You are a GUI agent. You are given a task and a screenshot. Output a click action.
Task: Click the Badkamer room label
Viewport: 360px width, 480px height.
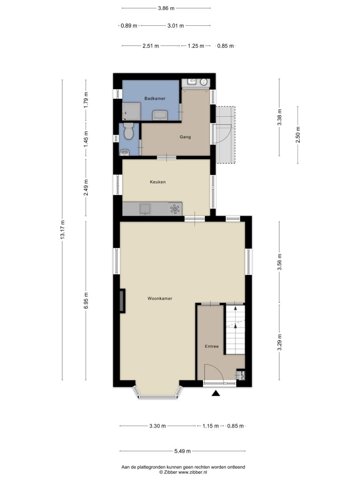click(x=155, y=98)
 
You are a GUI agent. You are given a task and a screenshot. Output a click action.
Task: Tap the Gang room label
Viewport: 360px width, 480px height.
click(x=185, y=137)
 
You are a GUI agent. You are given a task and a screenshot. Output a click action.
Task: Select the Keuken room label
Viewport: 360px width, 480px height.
click(x=157, y=182)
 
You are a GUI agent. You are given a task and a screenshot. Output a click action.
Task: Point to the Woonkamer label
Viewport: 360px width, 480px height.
click(x=160, y=299)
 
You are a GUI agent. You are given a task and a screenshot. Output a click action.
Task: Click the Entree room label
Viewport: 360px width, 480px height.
click(x=211, y=346)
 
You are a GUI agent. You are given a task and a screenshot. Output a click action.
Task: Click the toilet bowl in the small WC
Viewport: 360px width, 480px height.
click(x=128, y=131)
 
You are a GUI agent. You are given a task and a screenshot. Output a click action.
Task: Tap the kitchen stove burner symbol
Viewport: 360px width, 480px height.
click(x=174, y=209)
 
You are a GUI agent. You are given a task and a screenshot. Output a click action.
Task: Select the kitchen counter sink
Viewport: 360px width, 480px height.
click(x=145, y=209)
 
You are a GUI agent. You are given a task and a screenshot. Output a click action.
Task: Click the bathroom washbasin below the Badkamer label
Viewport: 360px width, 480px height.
click(x=160, y=115)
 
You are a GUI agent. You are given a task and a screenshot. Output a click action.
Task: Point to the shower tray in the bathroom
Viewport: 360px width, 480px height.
click(x=131, y=112)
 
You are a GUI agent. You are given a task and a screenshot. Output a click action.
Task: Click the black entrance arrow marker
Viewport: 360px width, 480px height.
click(x=216, y=393)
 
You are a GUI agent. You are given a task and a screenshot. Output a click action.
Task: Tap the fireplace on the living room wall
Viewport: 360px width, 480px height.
click(x=122, y=301)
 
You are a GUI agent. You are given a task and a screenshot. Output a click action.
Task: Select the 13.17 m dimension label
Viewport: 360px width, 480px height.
click(x=62, y=230)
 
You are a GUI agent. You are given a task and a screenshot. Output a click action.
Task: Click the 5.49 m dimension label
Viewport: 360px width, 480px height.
click(x=182, y=451)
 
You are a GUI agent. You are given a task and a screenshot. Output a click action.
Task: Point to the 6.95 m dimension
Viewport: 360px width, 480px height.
click(x=86, y=300)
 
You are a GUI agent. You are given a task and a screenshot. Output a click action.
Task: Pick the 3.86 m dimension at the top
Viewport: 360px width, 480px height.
click(x=166, y=8)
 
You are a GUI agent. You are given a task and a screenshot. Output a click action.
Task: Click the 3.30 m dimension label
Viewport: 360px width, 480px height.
click(x=157, y=426)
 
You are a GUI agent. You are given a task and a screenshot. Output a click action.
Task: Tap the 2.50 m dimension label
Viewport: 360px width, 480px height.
click(x=298, y=135)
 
